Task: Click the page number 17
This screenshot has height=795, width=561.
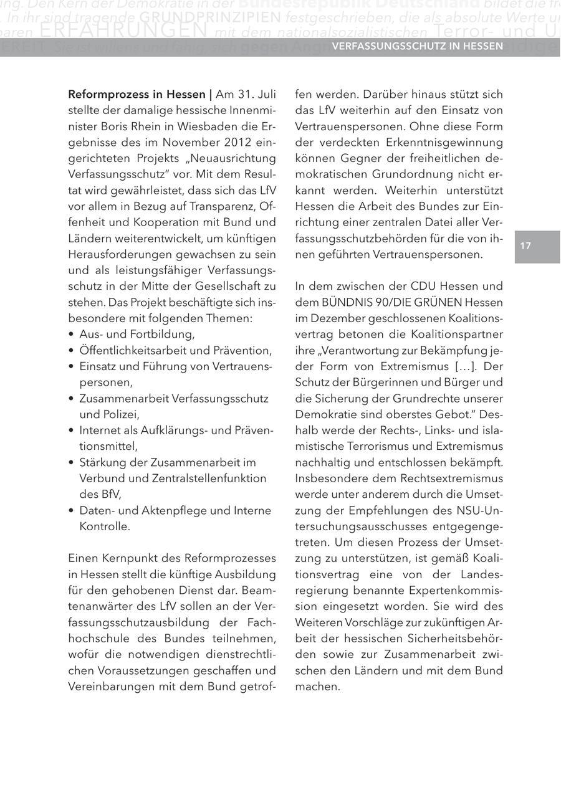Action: coord(525,246)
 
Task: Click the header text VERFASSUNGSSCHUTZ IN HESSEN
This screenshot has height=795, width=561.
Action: coord(418,47)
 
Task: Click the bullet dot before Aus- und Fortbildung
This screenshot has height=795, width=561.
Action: coord(72,334)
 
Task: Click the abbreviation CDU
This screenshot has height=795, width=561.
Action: coord(424,287)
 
